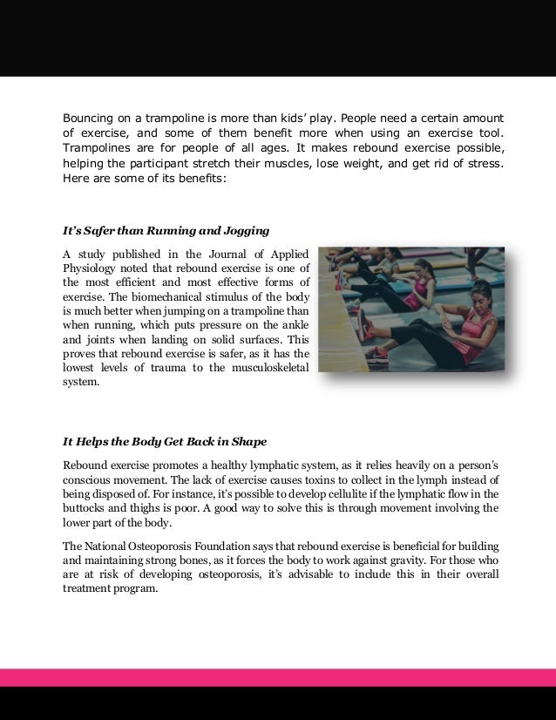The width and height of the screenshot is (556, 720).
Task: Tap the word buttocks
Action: click(x=85, y=508)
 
